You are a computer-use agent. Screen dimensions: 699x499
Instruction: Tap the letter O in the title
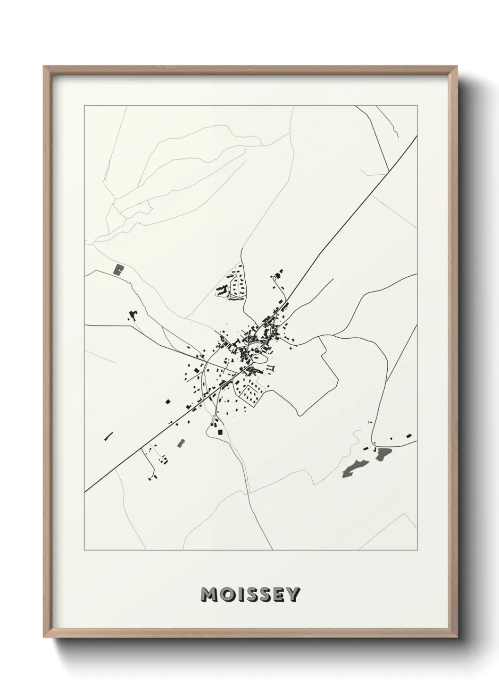pyautogui.click(x=225, y=595)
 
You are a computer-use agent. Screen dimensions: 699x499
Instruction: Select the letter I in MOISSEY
pyautogui.click(x=237, y=595)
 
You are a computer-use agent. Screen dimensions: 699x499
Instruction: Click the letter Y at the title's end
pyautogui.click(x=292, y=595)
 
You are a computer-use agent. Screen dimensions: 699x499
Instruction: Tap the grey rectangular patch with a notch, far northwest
pyautogui.click(x=118, y=270)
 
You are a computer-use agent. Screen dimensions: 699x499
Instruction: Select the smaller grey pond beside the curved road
pyautogui.click(x=384, y=454)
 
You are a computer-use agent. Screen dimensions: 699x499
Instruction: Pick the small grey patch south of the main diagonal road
pyautogui.click(x=180, y=443)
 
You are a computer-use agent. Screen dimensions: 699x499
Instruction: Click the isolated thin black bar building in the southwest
pyautogui.click(x=108, y=436)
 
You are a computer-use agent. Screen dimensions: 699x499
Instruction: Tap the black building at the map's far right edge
pyautogui.click(x=409, y=435)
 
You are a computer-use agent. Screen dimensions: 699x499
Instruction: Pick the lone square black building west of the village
pyautogui.click(x=168, y=401)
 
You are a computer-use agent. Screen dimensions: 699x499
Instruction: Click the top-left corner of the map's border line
pyautogui.click(x=84, y=106)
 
